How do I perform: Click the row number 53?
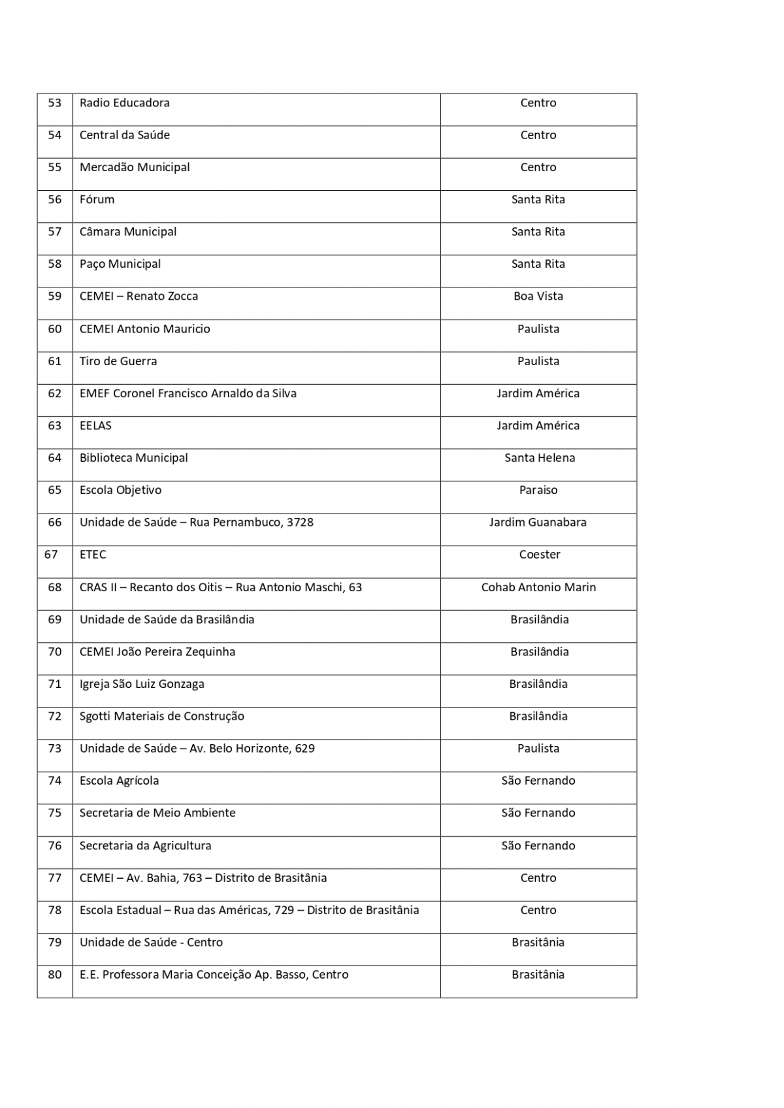(55, 103)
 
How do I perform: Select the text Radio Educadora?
(124, 103)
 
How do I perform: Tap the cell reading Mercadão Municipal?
(135, 168)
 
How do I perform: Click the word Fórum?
(97, 200)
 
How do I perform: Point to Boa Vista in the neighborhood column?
(538, 297)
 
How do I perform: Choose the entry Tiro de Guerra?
(118, 361)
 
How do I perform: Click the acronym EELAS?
(95, 426)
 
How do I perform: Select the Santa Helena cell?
(539, 458)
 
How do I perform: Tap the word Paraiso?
(538, 490)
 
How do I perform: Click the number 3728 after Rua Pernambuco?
(300, 523)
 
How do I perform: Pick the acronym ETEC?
(93, 555)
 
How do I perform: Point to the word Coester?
(539, 555)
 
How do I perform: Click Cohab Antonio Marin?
(538, 587)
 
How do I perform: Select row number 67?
(51, 555)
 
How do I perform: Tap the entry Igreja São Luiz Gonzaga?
(142, 684)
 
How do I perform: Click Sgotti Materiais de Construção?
(162, 717)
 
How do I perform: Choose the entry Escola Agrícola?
(119, 781)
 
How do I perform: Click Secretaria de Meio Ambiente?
(157, 813)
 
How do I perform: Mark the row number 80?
(55, 975)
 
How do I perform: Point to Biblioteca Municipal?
(133, 458)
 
